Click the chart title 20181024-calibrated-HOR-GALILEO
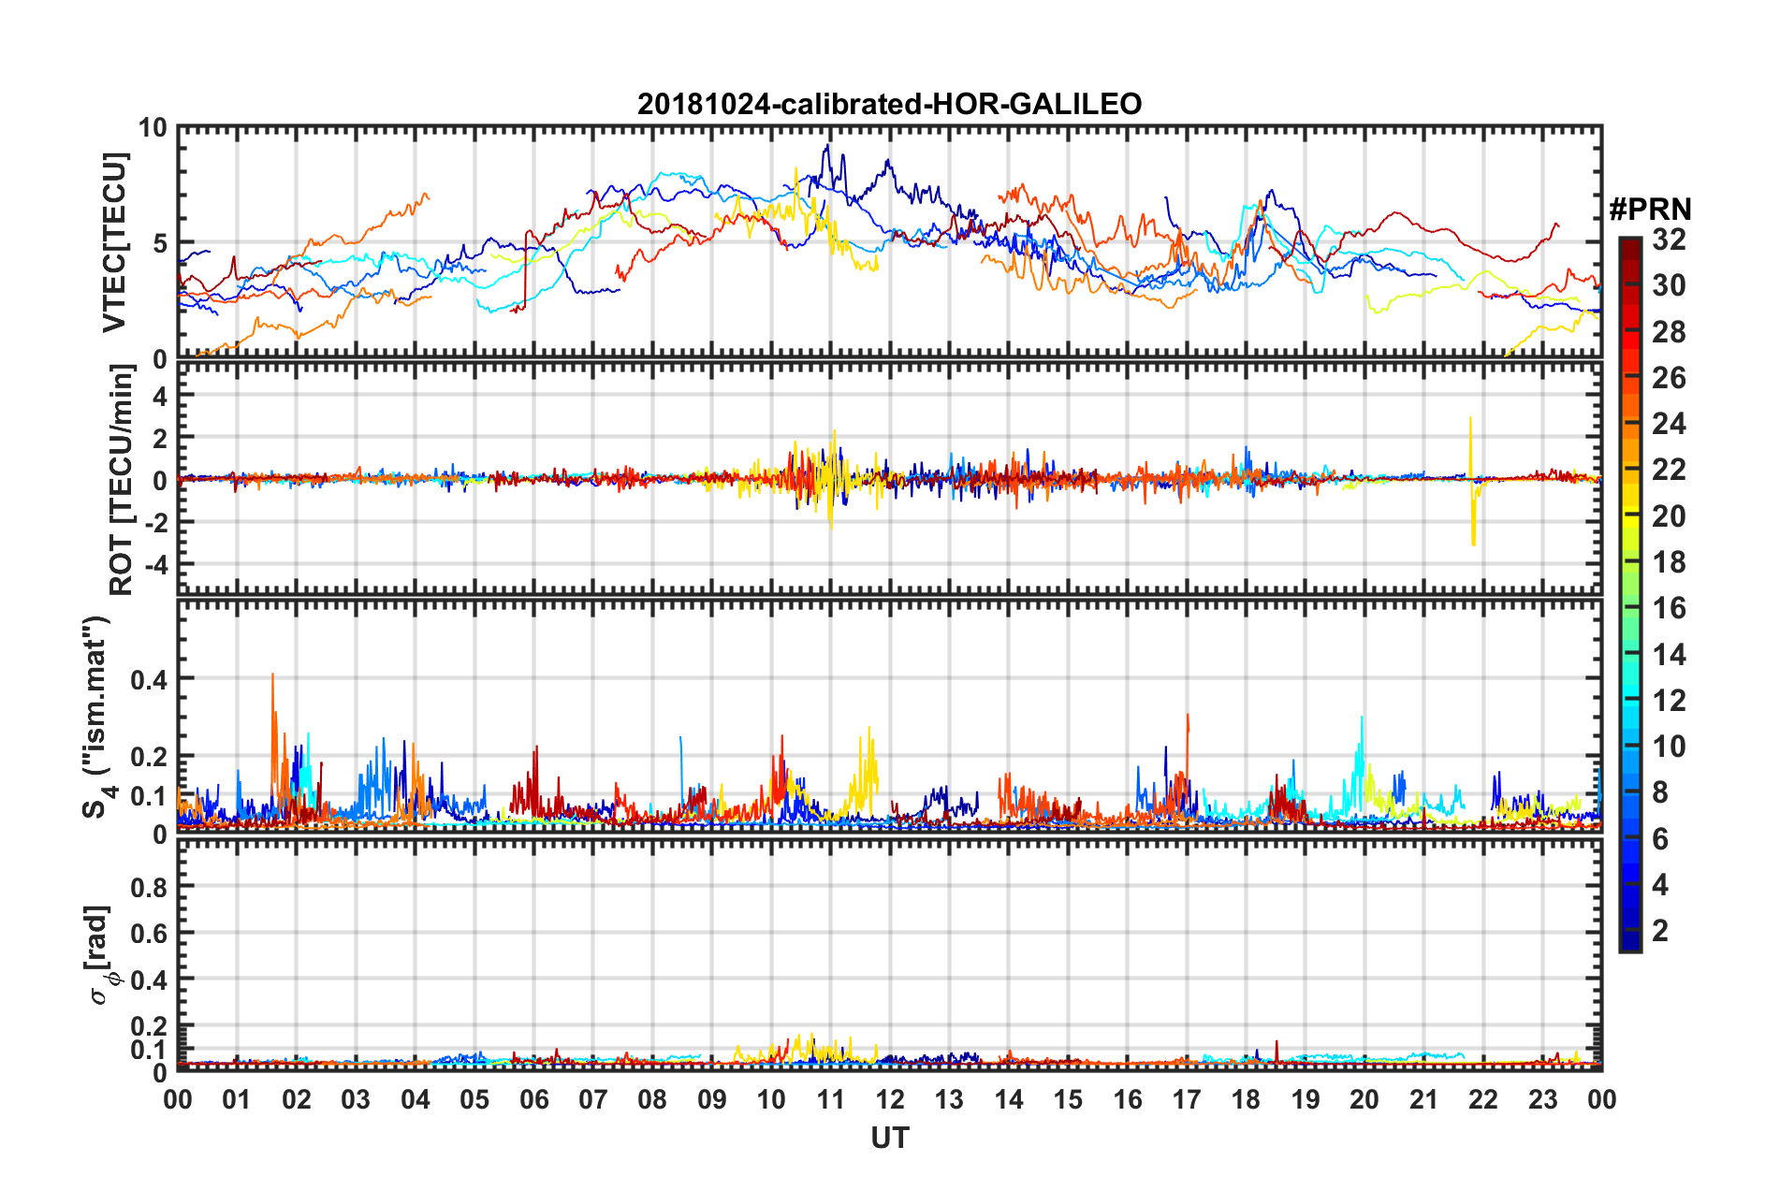(x=889, y=104)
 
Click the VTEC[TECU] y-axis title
(x=114, y=242)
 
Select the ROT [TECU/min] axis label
(x=121, y=480)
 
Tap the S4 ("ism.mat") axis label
(x=96, y=717)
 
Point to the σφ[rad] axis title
(x=101, y=954)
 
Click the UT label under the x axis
(x=889, y=1138)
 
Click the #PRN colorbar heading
(x=1650, y=210)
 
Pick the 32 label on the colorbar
(x=1669, y=239)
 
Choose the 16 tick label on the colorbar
(x=1669, y=608)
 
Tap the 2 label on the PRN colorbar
(x=1660, y=930)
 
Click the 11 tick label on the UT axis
(x=830, y=1100)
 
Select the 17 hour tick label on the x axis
(x=1187, y=1100)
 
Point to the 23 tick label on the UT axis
(x=1542, y=1100)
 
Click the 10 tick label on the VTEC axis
(x=153, y=128)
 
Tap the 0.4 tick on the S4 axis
(x=150, y=679)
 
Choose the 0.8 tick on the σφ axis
(x=150, y=887)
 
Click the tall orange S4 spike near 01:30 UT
(x=272, y=675)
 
